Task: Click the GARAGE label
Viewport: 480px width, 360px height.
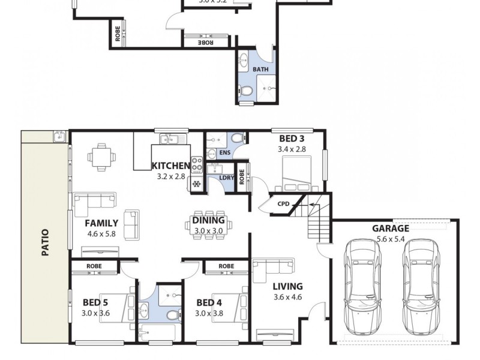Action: [391, 228]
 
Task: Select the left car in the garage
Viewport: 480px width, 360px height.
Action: [361, 287]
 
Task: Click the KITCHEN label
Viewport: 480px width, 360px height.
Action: [171, 166]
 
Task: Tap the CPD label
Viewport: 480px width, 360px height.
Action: [284, 204]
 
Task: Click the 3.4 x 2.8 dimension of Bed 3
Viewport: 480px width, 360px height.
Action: [292, 149]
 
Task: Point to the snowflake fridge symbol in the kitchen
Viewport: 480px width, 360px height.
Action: [196, 184]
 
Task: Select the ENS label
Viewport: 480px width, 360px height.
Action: [225, 153]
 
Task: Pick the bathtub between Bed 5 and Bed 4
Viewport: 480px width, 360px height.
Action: [157, 333]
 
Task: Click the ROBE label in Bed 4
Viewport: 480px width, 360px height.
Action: [226, 266]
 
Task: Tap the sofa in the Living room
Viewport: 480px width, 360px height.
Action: [274, 269]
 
